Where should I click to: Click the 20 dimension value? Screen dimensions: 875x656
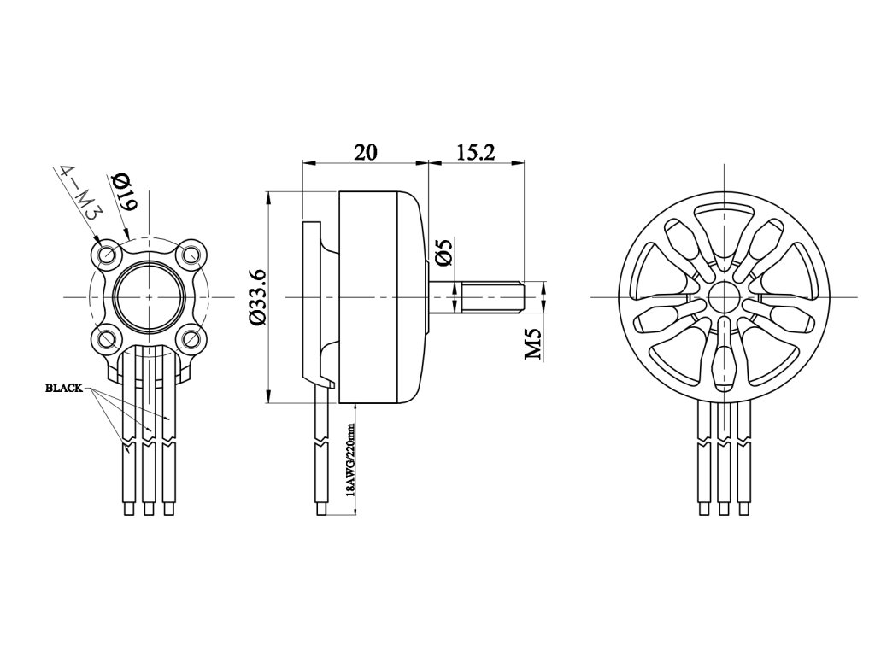[x=366, y=152]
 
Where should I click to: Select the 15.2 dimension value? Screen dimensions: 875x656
[x=476, y=152]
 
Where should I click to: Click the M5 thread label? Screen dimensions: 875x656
[x=533, y=344]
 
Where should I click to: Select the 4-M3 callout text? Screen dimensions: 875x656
[x=79, y=196]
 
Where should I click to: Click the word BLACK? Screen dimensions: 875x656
[x=63, y=388]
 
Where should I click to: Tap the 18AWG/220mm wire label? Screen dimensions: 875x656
[x=349, y=461]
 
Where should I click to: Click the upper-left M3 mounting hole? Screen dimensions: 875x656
[x=107, y=254]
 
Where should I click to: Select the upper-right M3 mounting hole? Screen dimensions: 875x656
[x=191, y=254]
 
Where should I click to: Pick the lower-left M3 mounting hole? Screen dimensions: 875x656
[x=107, y=338]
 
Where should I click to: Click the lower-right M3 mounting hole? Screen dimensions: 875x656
[x=191, y=338]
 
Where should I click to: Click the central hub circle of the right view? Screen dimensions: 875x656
[x=724, y=296]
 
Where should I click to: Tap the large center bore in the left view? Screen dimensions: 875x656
[x=150, y=296]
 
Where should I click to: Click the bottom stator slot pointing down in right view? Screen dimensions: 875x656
[x=724, y=359]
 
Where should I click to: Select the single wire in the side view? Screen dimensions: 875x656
[x=321, y=453]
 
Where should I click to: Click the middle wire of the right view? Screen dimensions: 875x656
[x=724, y=461]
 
